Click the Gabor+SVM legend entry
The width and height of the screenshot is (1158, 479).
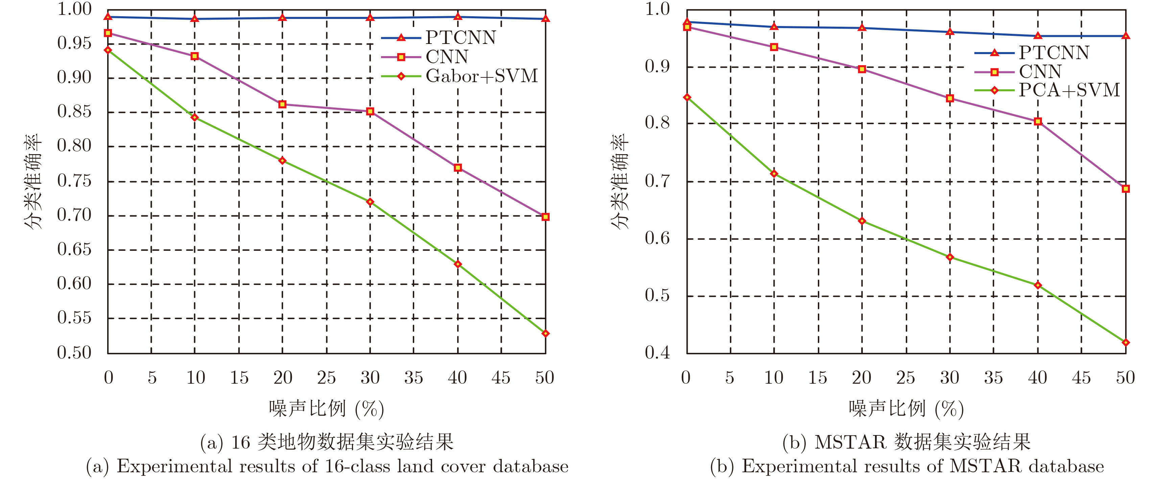(x=481, y=76)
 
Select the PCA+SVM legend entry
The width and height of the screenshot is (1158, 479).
(x=1069, y=90)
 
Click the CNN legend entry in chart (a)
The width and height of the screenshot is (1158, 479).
(x=447, y=56)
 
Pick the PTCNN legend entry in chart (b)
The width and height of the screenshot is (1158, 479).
(x=1054, y=53)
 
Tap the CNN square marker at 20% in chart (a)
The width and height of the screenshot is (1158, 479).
(x=282, y=104)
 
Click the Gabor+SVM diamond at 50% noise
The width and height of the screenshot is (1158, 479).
(x=545, y=333)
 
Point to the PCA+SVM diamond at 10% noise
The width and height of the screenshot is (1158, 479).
(x=774, y=173)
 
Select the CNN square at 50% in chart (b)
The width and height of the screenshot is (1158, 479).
(x=1125, y=189)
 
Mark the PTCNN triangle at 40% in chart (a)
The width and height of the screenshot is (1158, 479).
(x=458, y=17)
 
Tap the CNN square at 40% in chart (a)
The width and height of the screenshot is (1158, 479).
(x=458, y=168)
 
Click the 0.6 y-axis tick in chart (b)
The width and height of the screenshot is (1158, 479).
(x=657, y=238)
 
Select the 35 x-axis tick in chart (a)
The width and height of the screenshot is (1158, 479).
(x=413, y=378)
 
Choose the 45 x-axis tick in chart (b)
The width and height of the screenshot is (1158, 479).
(x=1081, y=378)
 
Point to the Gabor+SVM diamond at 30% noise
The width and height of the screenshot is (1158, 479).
(x=370, y=202)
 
